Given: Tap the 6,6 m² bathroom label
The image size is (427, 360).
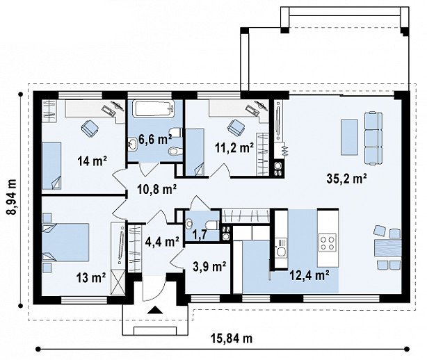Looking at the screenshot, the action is pos(155,139).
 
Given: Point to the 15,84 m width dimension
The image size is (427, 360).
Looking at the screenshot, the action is pos(232,338).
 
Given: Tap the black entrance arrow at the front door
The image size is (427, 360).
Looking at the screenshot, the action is pos(154,310).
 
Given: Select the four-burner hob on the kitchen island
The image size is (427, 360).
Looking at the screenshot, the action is pos(328,243).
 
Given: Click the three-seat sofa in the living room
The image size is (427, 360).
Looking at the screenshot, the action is pos(373,139).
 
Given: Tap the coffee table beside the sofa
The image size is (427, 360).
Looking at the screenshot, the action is pos(349,137).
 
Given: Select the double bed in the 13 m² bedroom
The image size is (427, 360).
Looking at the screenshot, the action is pos(65,242).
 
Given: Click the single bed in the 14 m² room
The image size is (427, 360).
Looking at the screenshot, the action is pos(51,165).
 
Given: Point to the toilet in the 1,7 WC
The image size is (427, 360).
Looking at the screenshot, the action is pos(212,224).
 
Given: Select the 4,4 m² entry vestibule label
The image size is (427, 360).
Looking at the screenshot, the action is pos(162,241).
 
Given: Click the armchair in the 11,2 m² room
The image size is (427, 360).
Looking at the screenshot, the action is pos(236,127).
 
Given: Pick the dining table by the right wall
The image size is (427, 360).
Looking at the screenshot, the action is pos(388,248).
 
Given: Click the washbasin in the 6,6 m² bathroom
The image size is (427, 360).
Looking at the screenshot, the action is pos(133,143).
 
